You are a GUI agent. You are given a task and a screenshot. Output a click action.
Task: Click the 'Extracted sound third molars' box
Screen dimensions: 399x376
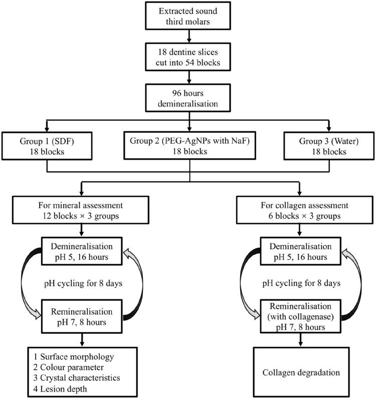pyautogui.click(x=188, y=16)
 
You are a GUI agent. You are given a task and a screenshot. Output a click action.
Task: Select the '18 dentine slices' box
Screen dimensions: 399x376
pyautogui.click(x=188, y=56)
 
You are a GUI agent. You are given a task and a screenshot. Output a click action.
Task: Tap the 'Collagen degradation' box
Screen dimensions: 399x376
pyautogui.click(x=300, y=373)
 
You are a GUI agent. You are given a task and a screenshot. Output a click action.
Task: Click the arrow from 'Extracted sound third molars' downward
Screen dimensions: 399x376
pyautogui.click(x=188, y=36)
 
